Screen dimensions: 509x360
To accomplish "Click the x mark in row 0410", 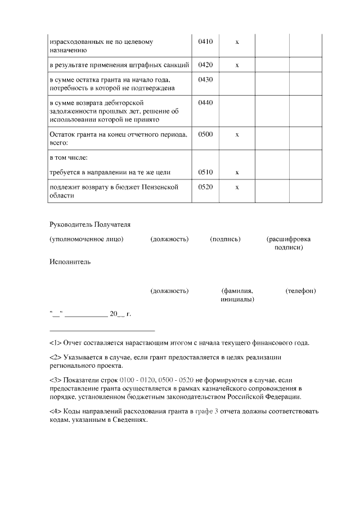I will (237, 42).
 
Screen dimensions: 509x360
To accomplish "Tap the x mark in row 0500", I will (237, 134).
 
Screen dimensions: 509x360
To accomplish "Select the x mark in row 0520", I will (237, 187).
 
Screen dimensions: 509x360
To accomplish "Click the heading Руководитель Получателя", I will (90, 224).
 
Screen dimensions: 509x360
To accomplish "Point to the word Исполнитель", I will (70, 262).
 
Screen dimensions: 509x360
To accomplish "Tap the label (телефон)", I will (300, 291).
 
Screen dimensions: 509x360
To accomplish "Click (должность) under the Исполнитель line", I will (169, 291).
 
